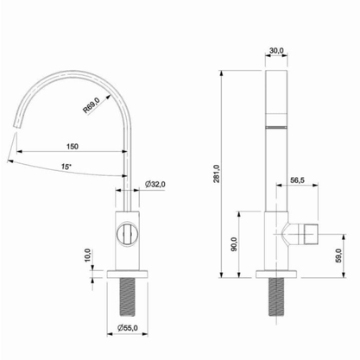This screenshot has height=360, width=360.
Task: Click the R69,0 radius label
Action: click(x=92, y=105)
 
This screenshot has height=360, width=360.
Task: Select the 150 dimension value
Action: click(x=73, y=147)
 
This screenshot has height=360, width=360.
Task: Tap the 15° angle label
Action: click(x=66, y=167)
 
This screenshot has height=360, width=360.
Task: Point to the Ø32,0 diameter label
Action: click(x=155, y=185)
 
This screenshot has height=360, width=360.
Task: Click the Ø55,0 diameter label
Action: click(x=128, y=327)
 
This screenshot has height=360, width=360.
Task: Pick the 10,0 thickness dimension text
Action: click(x=88, y=255)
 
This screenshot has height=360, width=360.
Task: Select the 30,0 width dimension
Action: click(x=276, y=51)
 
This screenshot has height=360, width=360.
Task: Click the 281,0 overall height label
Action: click(x=217, y=174)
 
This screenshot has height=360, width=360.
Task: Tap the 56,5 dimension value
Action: click(x=297, y=180)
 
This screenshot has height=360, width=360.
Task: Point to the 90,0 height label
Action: click(x=234, y=244)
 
